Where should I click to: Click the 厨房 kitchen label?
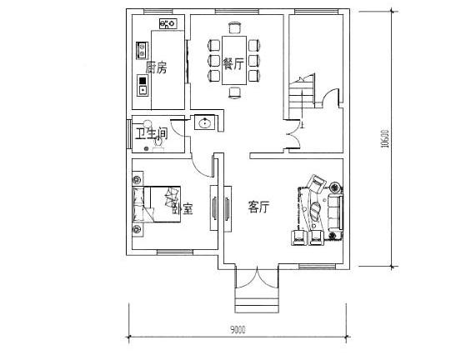[156, 67]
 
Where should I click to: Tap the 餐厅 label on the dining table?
[234, 63]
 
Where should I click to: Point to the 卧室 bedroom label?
[183, 208]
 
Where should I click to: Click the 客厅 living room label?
[259, 207]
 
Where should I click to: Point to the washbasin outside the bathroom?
[204, 123]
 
